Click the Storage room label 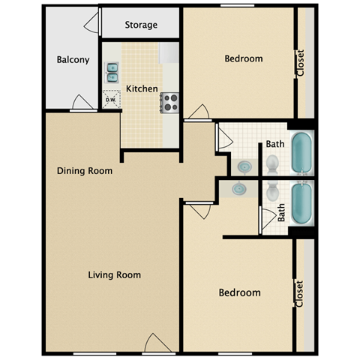141,25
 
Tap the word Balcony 73,60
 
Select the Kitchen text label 142,88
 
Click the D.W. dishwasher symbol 111,99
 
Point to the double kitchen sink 112,73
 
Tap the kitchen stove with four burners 169,101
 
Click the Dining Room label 85,170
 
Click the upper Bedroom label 244,58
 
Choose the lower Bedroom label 239,292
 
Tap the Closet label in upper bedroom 301,63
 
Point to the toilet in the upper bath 273,163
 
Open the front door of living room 158,343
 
